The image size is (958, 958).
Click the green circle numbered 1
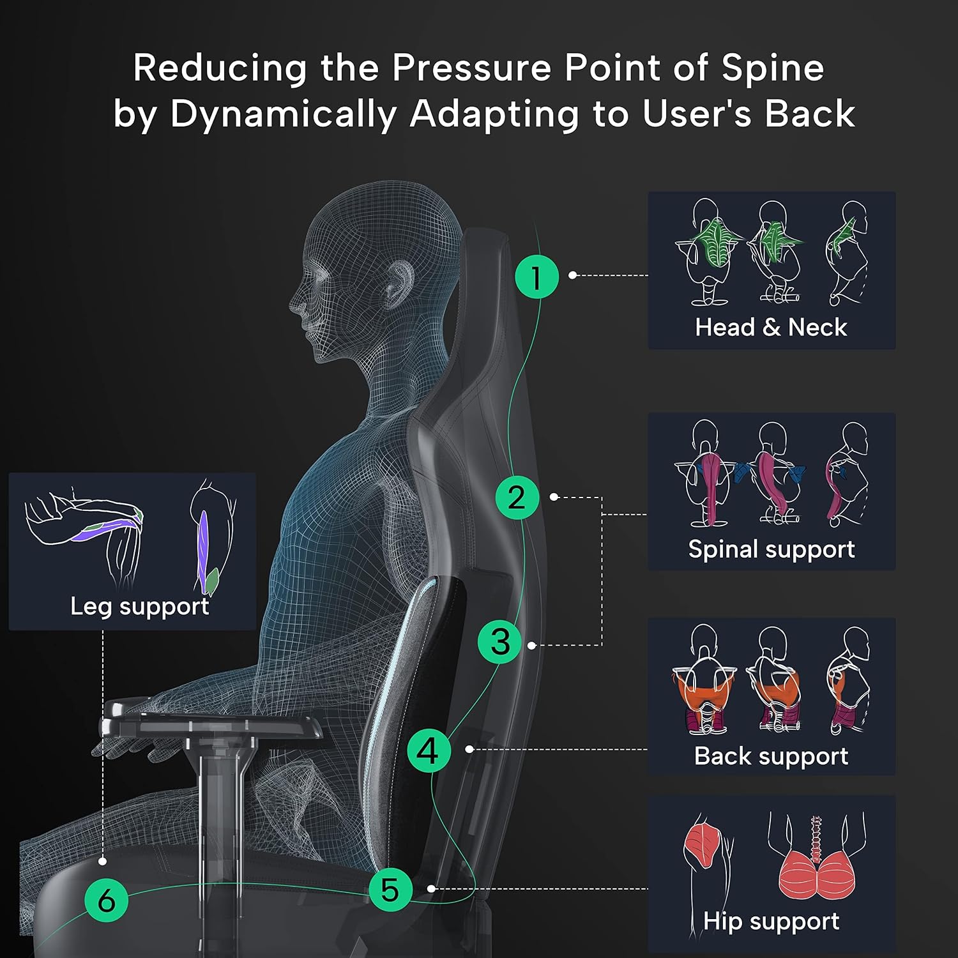(536, 277)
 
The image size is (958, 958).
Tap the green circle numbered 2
(517, 497)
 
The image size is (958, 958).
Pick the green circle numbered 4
(429, 750)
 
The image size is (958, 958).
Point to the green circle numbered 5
(390, 889)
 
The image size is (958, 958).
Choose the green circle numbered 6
(107, 900)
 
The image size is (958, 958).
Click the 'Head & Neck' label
(771, 327)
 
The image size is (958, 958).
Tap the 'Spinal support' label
(772, 549)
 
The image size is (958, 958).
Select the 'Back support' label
(771, 756)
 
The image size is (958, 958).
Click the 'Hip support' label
(771, 921)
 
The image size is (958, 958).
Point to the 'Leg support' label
(139, 607)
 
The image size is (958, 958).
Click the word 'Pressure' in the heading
(471, 68)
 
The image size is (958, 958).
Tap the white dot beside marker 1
(573, 275)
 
